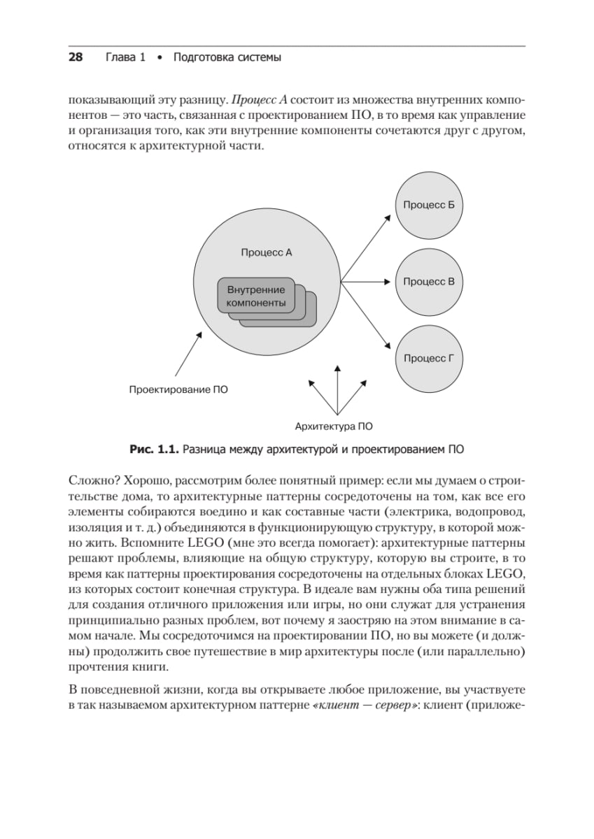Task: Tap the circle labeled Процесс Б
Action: pos(429,205)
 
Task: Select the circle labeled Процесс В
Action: pos(429,282)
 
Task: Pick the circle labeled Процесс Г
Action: pos(429,359)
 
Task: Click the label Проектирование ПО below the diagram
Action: pos(178,389)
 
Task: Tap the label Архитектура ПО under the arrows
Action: pos(334,425)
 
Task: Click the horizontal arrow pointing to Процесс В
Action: pos(364,282)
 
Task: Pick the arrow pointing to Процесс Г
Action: pos(365,317)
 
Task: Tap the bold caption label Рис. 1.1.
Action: pos(155,449)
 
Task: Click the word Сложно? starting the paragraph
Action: pos(92,482)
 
